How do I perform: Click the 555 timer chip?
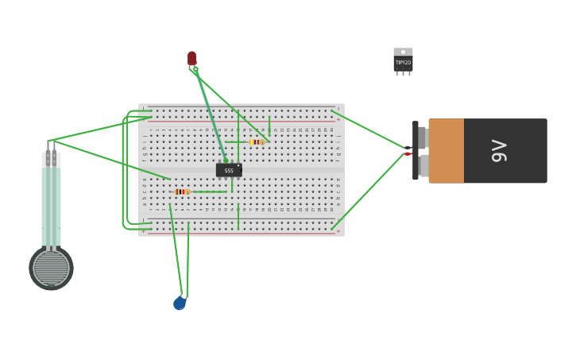(229, 170)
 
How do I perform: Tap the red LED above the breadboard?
(191, 58)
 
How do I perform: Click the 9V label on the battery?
(499, 151)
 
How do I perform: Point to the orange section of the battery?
(446, 151)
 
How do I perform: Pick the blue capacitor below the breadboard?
(180, 303)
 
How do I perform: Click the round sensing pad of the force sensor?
(52, 268)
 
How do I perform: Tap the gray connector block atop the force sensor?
(51, 159)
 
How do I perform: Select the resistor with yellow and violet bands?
(257, 142)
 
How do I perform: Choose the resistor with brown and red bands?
(182, 192)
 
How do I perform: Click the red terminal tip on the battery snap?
(408, 154)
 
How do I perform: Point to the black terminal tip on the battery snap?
(408, 148)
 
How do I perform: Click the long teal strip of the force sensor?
(51, 207)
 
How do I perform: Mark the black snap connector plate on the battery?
(415, 151)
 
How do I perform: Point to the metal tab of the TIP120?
(403, 52)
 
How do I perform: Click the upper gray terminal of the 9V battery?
(423, 137)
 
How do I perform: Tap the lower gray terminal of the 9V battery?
(423, 165)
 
